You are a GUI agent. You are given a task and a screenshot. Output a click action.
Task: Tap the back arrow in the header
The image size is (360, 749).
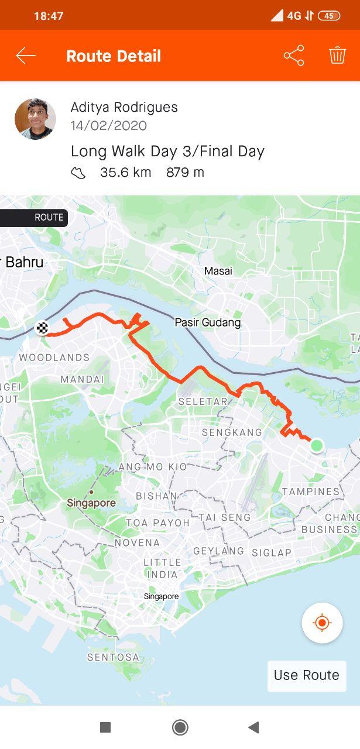(26, 56)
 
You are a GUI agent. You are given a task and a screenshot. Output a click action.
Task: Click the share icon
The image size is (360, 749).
(294, 56)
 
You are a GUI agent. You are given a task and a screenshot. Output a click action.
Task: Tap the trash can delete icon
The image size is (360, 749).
(337, 56)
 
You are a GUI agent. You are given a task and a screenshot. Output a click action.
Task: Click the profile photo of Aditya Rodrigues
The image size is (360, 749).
(35, 119)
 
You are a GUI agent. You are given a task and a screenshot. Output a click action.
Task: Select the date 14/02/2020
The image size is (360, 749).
(109, 125)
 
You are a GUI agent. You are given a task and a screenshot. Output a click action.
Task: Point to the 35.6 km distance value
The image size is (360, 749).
(125, 172)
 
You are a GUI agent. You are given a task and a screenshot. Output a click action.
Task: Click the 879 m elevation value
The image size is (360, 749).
(185, 172)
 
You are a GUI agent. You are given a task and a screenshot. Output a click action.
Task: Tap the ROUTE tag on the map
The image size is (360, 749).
(49, 217)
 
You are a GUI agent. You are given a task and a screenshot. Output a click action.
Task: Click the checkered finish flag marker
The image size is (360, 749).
(42, 328)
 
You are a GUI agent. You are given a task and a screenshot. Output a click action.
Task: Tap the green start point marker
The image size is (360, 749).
(317, 445)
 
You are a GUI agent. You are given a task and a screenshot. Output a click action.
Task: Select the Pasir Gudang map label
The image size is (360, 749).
(208, 322)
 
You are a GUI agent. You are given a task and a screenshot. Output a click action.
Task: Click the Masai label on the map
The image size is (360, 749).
(218, 271)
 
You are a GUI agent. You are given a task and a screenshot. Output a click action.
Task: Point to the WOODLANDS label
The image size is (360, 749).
(54, 357)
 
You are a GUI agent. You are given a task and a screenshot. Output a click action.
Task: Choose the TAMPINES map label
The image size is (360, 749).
(311, 491)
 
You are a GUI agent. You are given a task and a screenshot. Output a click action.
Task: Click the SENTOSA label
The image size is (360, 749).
(114, 657)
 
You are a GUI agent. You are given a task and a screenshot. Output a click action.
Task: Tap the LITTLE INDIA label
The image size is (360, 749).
(162, 568)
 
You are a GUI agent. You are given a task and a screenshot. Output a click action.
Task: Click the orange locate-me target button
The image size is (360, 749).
(322, 623)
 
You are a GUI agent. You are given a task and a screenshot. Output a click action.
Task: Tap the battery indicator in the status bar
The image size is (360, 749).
(329, 16)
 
